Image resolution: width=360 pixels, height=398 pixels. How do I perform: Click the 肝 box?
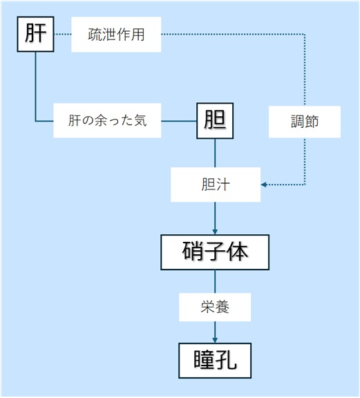(35, 35)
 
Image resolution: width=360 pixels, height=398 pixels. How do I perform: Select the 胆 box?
(215, 121)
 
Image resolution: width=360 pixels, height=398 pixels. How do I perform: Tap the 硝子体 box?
(215, 252)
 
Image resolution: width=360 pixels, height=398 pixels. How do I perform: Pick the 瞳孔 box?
(215, 361)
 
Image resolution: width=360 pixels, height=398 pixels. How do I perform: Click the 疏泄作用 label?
(116, 35)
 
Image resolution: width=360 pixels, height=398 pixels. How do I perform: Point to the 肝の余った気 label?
(107, 120)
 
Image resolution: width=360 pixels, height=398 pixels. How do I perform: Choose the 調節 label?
(305, 122)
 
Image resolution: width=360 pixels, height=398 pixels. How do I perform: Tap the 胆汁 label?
(216, 184)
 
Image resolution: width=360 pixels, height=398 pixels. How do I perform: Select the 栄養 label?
(215, 307)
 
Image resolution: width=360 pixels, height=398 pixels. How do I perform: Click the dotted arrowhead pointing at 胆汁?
(264, 184)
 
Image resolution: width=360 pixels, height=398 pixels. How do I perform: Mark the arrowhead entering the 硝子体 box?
(215, 231)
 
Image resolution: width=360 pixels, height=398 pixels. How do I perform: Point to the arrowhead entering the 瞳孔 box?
(215, 340)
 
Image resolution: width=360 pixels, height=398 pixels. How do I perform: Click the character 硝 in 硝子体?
(193, 252)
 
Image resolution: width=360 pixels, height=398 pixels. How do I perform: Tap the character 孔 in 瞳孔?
(227, 360)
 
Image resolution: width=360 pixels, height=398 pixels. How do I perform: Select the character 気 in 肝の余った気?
(140, 120)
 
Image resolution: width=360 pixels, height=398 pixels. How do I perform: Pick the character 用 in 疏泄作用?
(138, 35)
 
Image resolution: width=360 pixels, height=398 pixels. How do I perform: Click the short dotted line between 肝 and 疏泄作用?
(63, 35)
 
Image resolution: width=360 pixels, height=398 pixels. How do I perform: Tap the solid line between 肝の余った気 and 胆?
(179, 121)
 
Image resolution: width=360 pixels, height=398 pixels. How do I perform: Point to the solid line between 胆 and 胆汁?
(215, 153)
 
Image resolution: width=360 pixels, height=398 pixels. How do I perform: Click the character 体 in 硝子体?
(238, 252)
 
